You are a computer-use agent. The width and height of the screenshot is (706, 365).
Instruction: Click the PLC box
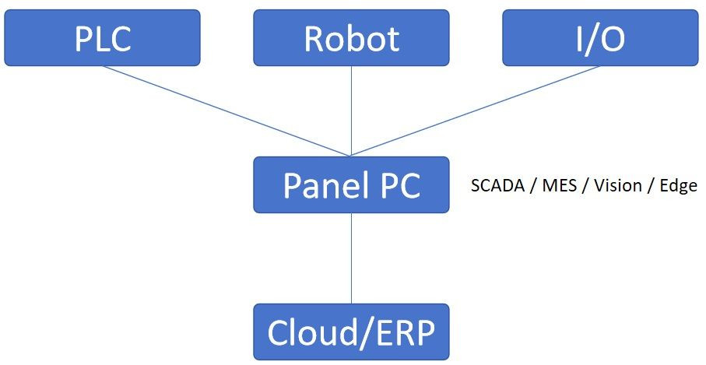pos(102,37)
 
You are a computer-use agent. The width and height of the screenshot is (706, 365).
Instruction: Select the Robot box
pos(351,37)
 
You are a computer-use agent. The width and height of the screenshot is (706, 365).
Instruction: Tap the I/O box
pos(600,37)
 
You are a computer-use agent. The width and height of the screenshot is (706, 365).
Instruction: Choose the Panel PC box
pos(351,184)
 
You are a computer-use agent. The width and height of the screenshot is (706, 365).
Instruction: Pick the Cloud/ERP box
pos(351,332)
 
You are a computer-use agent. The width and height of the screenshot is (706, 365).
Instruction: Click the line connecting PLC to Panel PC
pos(226,111)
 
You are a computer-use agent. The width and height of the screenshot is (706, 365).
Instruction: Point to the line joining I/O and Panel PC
pos(476,111)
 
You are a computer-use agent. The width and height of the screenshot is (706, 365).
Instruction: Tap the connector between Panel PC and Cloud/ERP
pos(351,258)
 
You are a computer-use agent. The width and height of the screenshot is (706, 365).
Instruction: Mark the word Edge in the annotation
pos(676,186)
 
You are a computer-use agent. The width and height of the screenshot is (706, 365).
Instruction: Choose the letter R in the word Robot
pos(314,38)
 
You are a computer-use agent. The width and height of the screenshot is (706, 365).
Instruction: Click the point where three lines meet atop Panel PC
pos(351,156)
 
